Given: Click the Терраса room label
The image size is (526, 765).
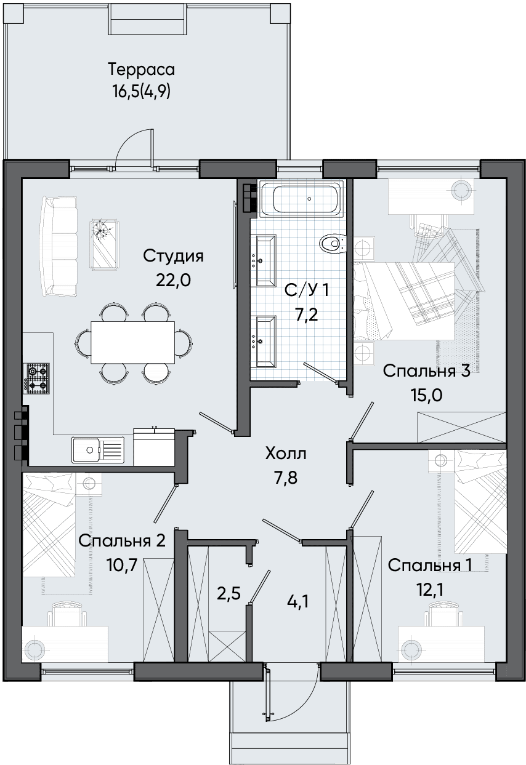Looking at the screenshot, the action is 142,70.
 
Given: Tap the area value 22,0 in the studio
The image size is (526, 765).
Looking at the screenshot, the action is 173,281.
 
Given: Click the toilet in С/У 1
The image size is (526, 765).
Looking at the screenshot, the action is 333,244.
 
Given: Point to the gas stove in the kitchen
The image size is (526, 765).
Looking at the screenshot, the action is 36,378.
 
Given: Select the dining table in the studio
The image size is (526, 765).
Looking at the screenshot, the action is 133,342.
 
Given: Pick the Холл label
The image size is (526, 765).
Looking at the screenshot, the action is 286,454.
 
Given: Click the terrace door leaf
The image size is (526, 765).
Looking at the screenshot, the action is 152,148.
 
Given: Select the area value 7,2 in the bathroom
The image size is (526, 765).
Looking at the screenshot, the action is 307,314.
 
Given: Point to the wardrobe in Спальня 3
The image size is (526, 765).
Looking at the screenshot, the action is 461,428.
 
